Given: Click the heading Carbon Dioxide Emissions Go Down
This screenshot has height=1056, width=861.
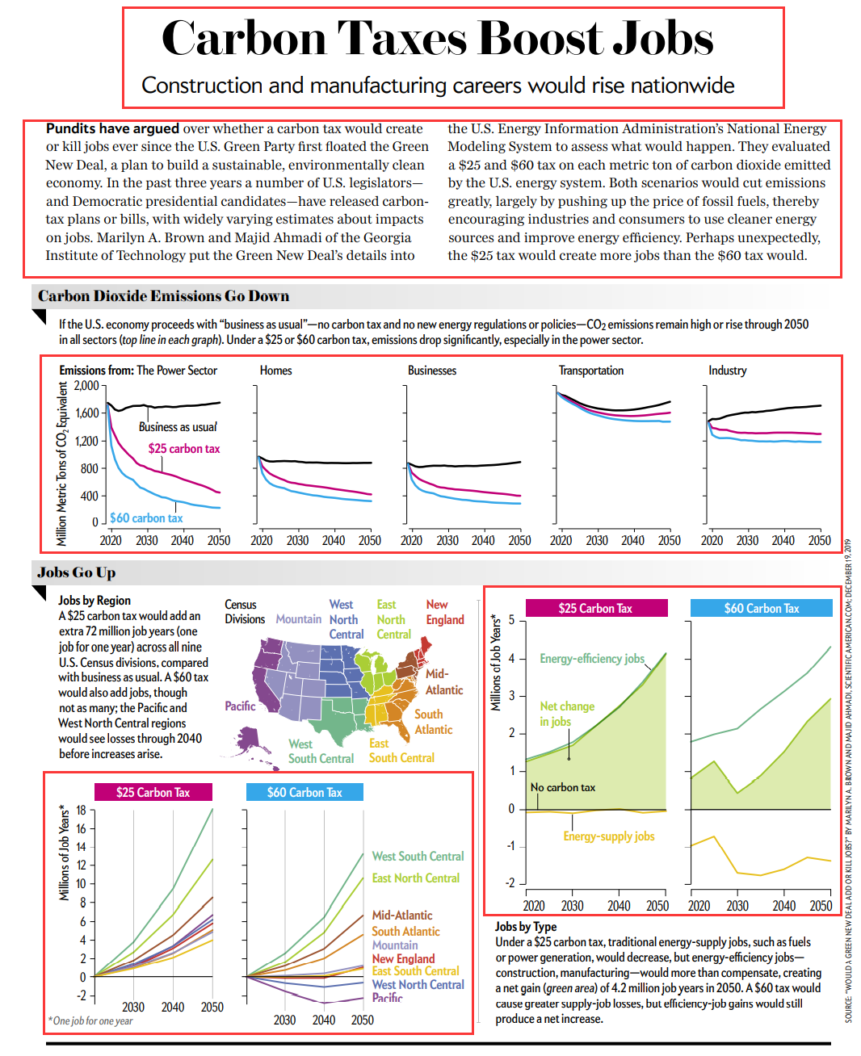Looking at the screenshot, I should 163,296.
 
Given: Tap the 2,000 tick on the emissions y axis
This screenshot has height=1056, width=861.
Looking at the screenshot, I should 86,386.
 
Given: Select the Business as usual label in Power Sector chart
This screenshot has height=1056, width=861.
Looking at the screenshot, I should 178,427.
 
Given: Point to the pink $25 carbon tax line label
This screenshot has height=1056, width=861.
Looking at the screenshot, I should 183,449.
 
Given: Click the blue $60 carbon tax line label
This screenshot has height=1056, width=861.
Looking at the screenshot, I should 146,518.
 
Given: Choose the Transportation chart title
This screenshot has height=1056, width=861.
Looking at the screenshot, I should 591,371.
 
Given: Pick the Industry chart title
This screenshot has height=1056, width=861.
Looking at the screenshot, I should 727,371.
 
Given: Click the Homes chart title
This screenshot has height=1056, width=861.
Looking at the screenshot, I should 275,371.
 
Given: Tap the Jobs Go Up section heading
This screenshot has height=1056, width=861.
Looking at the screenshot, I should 77,572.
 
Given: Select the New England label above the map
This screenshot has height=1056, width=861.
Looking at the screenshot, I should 444,612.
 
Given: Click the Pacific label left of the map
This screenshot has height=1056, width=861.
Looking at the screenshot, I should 240,706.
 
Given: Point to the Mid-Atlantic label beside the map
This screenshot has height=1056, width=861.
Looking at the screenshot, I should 443,682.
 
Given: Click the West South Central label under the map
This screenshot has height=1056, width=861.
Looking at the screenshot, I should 321,752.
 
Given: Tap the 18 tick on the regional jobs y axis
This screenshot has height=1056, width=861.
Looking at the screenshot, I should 81,811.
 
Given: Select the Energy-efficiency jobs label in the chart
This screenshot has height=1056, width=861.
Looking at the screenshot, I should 592,659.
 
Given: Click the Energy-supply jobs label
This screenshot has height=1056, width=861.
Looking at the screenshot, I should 608,836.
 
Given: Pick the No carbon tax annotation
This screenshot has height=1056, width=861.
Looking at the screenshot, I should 562,787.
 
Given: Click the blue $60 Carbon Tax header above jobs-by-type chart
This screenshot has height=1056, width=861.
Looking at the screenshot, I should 761,609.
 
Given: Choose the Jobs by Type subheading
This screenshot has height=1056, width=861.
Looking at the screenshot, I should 525,927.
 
